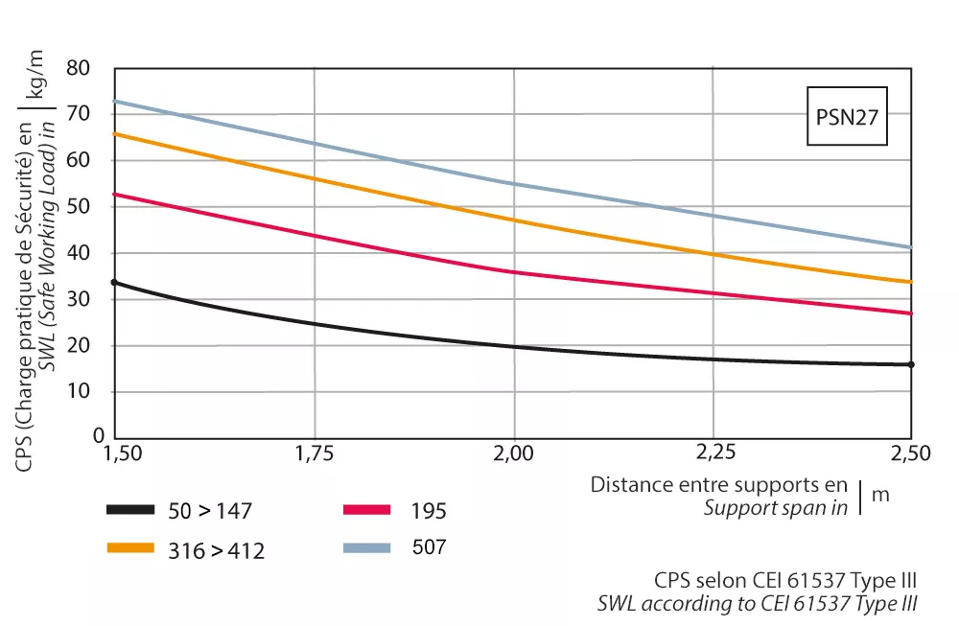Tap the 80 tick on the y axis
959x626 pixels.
tap(91, 69)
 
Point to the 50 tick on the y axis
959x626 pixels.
tap(91, 207)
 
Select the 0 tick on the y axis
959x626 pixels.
tap(97, 435)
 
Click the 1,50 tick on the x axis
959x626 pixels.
tap(115, 453)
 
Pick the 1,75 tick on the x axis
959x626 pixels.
tap(315, 453)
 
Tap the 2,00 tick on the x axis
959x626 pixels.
tap(514, 453)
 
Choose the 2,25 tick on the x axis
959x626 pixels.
tap(713, 453)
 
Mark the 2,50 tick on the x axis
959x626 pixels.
tap(911, 453)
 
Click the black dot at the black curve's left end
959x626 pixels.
tap(114, 282)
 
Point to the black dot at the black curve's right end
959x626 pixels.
tap(911, 364)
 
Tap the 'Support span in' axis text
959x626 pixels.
tap(775, 507)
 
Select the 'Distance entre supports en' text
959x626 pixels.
tap(719, 485)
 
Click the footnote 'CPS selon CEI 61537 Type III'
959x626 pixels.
tap(785, 581)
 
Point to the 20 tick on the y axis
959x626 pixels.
tap(91, 345)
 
